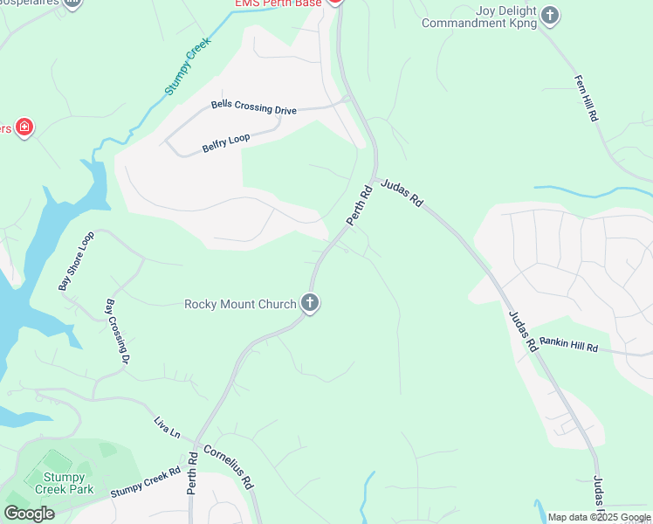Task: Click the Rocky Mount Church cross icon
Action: pyautogui.click(x=310, y=304)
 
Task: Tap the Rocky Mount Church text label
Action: pyautogui.click(x=240, y=304)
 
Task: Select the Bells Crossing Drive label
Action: pyautogui.click(x=254, y=107)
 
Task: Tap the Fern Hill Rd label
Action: pyautogui.click(x=586, y=97)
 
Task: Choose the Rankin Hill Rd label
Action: pyautogui.click(x=568, y=345)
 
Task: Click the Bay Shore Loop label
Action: pyautogui.click(x=76, y=260)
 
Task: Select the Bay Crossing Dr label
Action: pyautogui.click(x=118, y=332)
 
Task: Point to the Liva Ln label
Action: pyautogui.click(x=167, y=427)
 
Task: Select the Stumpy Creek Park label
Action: pyautogui.click(x=60, y=483)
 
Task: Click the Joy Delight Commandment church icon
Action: pyautogui.click(x=550, y=14)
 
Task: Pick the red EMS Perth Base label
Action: pyautogui.click(x=278, y=3)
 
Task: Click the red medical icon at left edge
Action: pyautogui.click(x=24, y=128)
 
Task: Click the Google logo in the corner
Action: pyautogui.click(x=30, y=513)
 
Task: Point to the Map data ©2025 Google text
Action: pyautogui.click(x=599, y=517)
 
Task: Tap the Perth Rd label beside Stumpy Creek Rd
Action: pyautogui.click(x=192, y=474)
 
